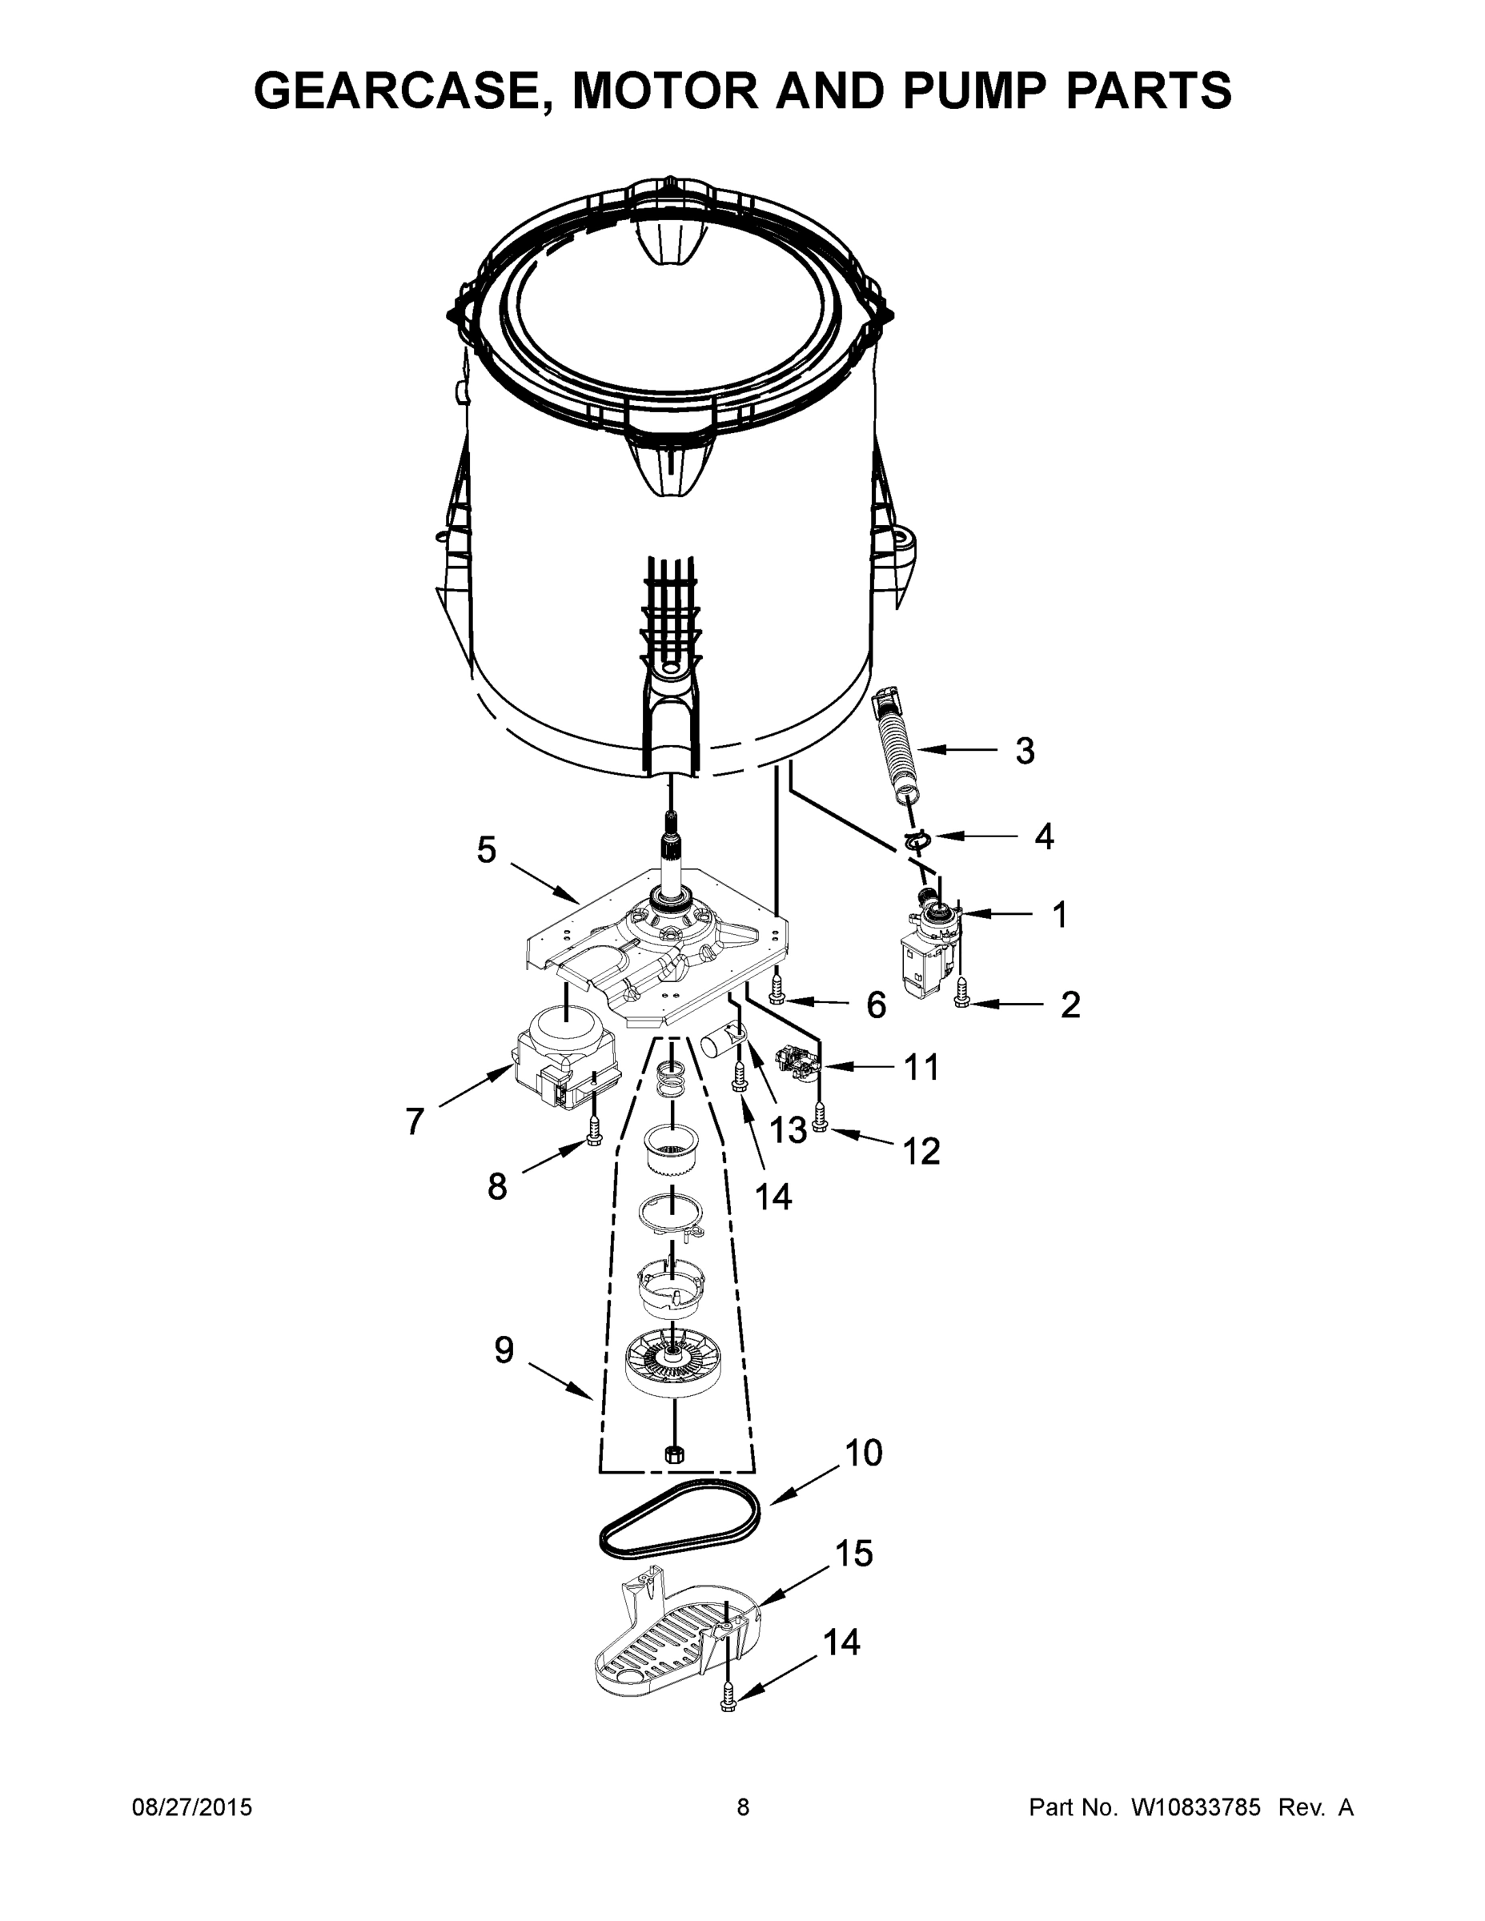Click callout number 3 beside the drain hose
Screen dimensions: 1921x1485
1024,750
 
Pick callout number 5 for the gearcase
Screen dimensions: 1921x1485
487,850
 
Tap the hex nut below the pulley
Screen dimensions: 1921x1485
674,1453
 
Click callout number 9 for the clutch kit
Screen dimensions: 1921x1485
504,1350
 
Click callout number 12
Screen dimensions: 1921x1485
921,1150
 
